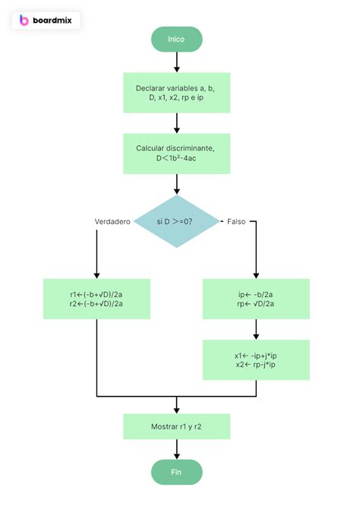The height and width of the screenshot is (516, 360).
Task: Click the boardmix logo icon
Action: (x=24, y=21)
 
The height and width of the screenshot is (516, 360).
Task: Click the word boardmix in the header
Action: (x=53, y=21)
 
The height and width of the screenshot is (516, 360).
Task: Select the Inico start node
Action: (x=176, y=39)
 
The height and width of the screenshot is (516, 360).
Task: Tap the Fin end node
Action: (x=176, y=472)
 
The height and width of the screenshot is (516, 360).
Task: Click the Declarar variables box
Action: (x=176, y=93)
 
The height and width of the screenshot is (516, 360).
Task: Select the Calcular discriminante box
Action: (x=176, y=154)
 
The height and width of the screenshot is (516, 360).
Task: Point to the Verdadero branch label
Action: (x=112, y=221)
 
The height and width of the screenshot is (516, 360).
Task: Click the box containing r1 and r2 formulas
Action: (x=96, y=299)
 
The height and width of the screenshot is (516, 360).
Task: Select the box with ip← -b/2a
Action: (x=256, y=299)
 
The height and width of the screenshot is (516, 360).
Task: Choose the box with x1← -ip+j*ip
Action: (x=256, y=359)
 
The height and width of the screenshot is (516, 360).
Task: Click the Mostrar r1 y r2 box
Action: (x=176, y=426)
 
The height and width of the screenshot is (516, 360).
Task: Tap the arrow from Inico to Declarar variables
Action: (x=176, y=62)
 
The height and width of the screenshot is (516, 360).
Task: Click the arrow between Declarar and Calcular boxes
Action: (x=176, y=123)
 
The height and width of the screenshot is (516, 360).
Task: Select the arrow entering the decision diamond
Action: (x=176, y=184)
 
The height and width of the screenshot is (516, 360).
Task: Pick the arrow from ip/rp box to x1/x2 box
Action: (x=256, y=329)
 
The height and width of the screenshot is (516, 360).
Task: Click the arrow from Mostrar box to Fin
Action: (x=176, y=449)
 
